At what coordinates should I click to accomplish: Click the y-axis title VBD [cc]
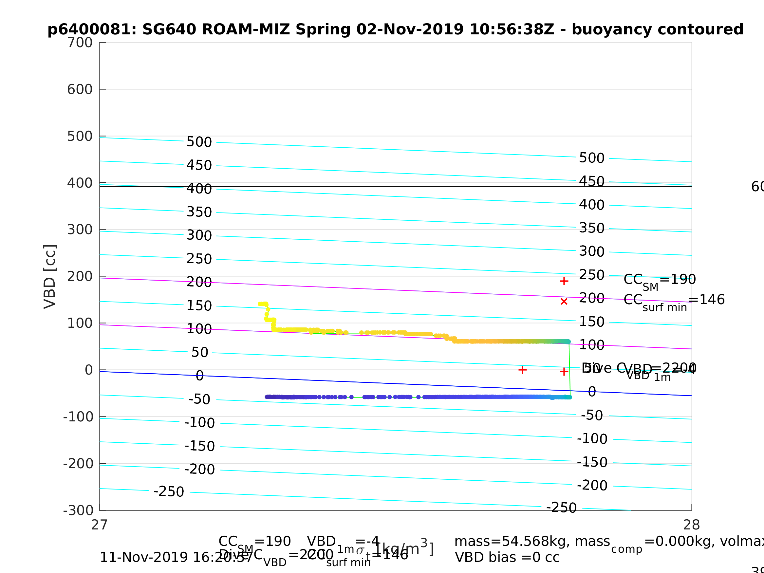[x=50, y=277]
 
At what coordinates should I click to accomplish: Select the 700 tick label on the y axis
[x=80, y=43]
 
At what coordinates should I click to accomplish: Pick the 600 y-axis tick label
[x=80, y=89]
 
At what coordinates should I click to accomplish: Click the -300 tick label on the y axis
[x=78, y=510]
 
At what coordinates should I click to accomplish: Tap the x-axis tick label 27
[x=100, y=525]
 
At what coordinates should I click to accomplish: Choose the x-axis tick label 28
[x=692, y=525]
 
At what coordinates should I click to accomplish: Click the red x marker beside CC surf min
[x=564, y=302]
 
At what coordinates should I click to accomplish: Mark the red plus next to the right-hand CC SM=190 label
[x=564, y=281]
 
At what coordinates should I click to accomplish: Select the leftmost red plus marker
[x=523, y=370]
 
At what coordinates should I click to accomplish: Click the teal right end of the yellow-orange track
[x=568, y=342]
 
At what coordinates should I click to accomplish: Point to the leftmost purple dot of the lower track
[x=267, y=397]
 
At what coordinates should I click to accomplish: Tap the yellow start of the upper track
[x=260, y=304]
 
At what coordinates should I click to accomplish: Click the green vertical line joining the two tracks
[x=569, y=370]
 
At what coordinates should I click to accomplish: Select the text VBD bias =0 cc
[x=507, y=558]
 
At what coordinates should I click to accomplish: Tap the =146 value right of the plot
[x=706, y=300]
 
